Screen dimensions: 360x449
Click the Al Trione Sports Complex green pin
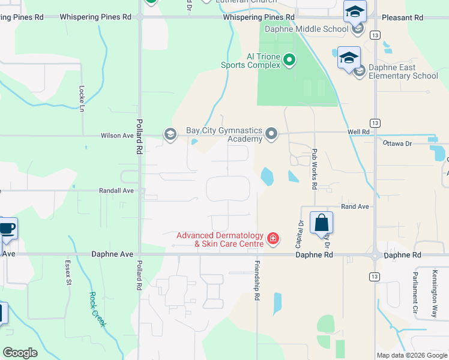click(289, 59)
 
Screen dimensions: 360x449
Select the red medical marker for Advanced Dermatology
click(273, 239)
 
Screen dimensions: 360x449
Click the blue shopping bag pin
click(322, 223)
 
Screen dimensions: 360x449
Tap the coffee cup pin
click(7, 229)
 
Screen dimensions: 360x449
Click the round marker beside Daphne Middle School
click(358, 28)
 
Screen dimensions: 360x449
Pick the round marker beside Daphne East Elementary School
click(360, 72)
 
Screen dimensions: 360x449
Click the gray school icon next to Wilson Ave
click(170, 134)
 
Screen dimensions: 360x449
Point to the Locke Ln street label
click(82, 97)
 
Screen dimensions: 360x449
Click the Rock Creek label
click(97, 308)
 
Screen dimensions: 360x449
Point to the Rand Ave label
click(354, 206)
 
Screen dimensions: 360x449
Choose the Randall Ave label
click(116, 190)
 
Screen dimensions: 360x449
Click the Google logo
click(20, 353)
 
